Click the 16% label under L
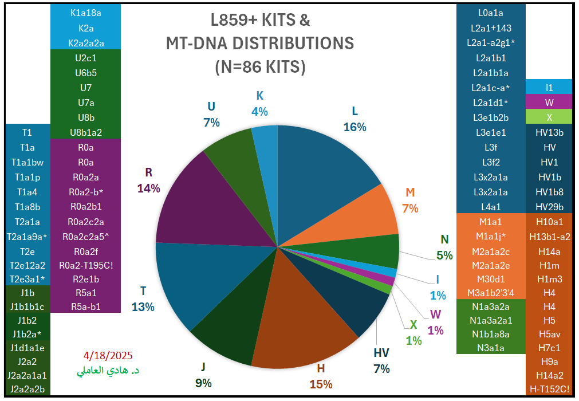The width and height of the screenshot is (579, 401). pyautogui.click(x=355, y=127)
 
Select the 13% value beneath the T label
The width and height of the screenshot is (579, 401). pyautogui.click(x=143, y=306)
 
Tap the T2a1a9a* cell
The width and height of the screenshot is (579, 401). pyautogui.click(x=27, y=236)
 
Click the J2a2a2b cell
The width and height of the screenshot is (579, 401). pyautogui.click(x=27, y=390)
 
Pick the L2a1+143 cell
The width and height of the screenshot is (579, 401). pyautogui.click(x=490, y=27)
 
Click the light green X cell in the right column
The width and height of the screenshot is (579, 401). pyautogui.click(x=549, y=117)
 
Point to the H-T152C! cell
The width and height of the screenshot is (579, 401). pyautogui.click(x=549, y=390)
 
